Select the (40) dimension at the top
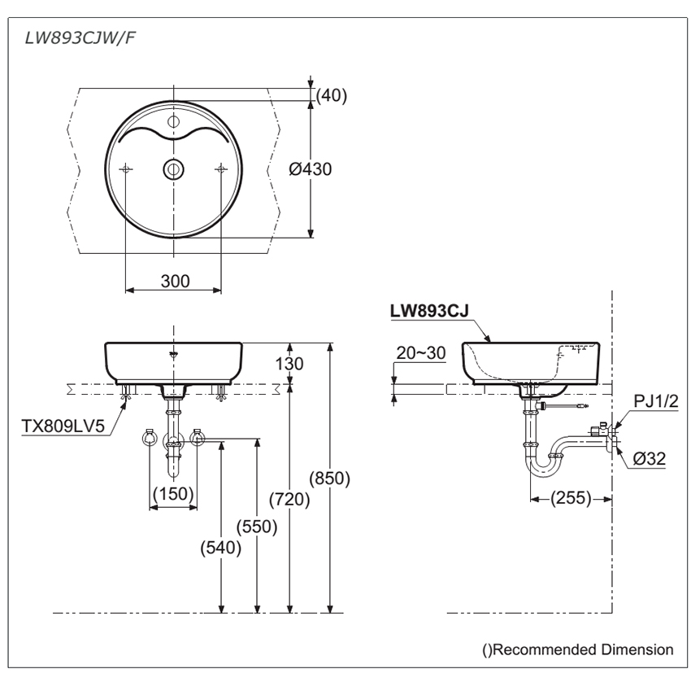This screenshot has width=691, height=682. [332, 95]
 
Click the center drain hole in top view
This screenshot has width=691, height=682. [173, 168]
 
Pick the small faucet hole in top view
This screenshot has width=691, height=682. [173, 122]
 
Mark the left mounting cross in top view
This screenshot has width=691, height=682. [125, 168]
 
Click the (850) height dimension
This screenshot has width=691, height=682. [331, 479]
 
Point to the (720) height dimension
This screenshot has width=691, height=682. [290, 499]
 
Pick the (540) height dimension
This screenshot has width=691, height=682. [220, 548]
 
